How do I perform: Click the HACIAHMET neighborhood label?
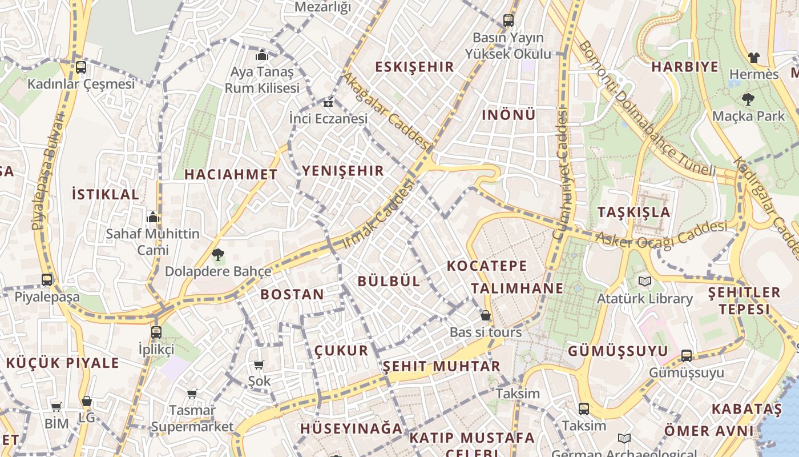point(231,175)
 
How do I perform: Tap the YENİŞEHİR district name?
point(343,170)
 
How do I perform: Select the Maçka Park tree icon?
point(748,99)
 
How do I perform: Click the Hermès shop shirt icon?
point(754,58)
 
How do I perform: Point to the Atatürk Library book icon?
point(644,281)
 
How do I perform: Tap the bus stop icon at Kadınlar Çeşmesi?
point(81,67)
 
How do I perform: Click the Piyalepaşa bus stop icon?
point(47,280)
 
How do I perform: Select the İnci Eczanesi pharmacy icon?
point(328,103)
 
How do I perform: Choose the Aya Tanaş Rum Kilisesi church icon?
point(262,55)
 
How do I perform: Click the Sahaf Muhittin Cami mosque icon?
point(152,217)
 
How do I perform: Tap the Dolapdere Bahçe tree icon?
point(217,254)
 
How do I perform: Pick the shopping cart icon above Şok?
point(259,364)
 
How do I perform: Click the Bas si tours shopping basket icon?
point(486,315)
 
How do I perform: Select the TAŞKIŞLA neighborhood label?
point(633,212)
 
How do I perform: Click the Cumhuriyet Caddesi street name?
point(562,174)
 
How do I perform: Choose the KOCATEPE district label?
point(487,266)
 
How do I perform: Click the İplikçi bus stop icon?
point(156,332)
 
